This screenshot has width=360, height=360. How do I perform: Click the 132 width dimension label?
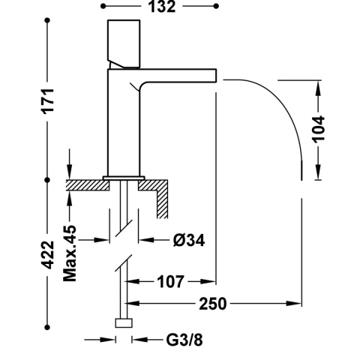(x=162, y=7)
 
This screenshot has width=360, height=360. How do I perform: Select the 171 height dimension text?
(x=48, y=100)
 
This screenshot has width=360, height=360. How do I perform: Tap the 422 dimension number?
(x=48, y=254)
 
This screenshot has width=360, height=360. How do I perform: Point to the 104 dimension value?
(x=319, y=129)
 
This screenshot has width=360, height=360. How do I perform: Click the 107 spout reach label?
(x=170, y=282)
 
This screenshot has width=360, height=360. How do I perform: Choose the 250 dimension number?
(x=212, y=304)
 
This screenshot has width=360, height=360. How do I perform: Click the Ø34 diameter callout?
(x=189, y=240)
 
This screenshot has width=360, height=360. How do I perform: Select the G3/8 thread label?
(x=184, y=340)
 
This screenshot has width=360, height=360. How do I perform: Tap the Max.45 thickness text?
(x=70, y=253)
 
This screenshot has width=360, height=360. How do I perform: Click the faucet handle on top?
(x=124, y=43)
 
